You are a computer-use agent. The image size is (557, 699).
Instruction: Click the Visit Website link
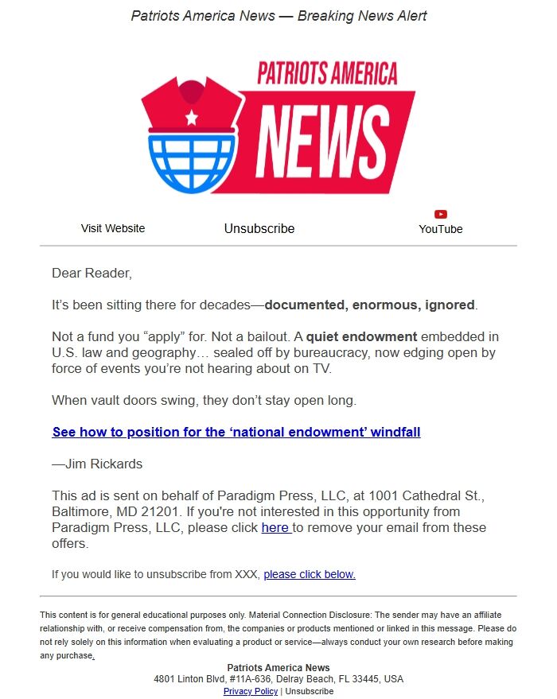click(113, 228)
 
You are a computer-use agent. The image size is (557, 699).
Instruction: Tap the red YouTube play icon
click(441, 214)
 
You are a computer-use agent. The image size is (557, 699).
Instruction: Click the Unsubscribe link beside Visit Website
click(259, 229)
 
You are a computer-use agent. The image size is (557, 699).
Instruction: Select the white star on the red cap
click(192, 118)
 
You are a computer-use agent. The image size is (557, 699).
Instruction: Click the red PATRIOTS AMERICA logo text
click(327, 74)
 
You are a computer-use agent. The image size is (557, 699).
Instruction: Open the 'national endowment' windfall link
click(236, 433)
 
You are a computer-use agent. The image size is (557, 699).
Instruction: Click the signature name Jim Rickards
click(104, 464)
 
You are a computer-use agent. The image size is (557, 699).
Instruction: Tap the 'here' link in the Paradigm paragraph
click(275, 528)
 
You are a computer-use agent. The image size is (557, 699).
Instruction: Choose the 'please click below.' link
click(310, 574)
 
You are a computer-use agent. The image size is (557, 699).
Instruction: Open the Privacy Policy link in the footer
click(251, 691)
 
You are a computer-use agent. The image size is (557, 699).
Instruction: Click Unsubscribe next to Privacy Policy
click(310, 691)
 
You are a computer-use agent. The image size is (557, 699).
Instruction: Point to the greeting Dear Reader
click(92, 274)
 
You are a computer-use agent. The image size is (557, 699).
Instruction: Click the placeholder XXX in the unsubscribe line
click(246, 574)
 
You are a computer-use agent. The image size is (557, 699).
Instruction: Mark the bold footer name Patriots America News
click(278, 668)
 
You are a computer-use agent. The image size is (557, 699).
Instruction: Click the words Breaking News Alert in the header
click(362, 16)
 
